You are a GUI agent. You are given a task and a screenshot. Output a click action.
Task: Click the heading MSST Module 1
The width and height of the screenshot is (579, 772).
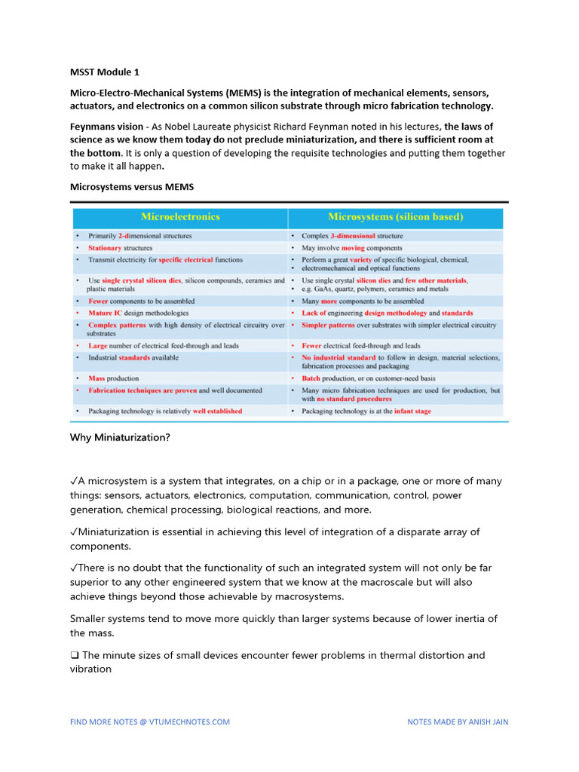click(105, 72)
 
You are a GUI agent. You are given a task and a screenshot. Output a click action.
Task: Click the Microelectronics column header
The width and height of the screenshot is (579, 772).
click(180, 217)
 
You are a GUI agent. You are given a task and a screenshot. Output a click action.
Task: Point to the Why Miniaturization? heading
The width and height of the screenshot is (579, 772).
click(120, 437)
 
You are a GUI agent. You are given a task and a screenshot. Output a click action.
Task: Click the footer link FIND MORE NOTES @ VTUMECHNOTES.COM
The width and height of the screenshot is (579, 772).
click(150, 721)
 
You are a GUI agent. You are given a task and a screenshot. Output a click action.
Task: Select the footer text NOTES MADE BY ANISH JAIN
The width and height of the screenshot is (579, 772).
click(458, 721)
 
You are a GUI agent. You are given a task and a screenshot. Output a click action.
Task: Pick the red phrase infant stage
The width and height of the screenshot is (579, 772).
click(412, 412)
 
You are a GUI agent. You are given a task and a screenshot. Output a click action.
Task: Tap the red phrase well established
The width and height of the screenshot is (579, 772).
click(217, 412)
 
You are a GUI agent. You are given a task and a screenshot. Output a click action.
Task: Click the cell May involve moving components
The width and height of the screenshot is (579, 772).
click(351, 248)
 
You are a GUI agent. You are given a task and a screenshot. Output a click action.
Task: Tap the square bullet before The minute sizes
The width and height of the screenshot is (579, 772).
click(74, 655)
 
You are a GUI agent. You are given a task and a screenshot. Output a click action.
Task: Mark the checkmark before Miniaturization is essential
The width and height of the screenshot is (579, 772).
click(74, 532)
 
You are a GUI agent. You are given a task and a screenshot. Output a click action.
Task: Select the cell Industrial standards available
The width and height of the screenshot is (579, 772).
click(133, 357)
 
